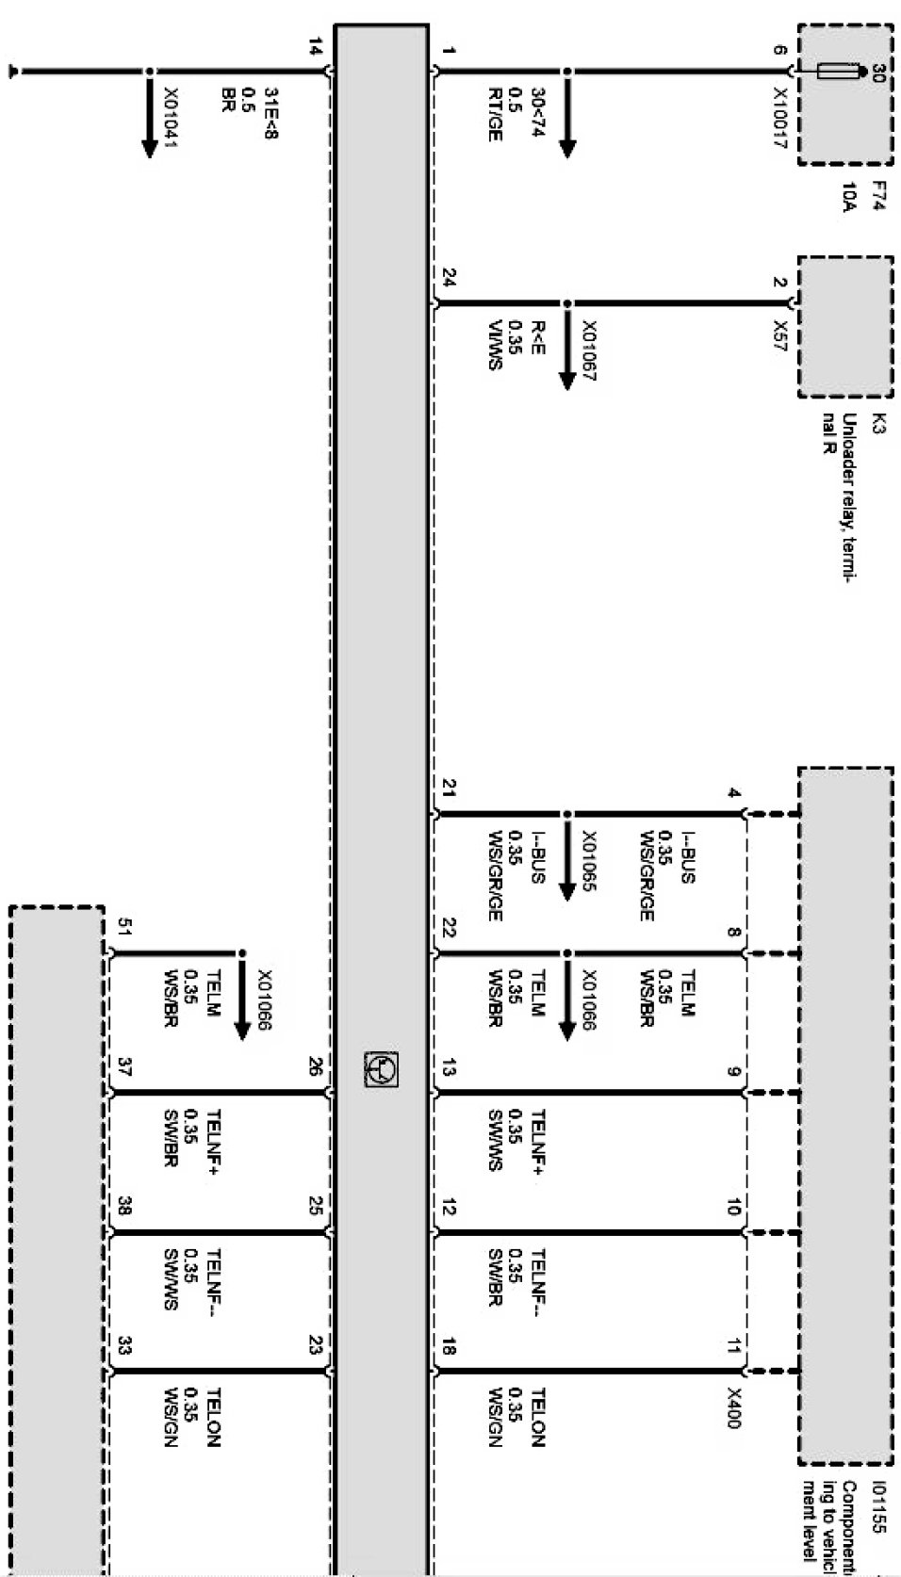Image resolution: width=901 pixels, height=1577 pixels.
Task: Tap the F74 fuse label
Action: [875, 196]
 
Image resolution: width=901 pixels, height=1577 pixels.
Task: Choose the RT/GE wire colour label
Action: [494, 115]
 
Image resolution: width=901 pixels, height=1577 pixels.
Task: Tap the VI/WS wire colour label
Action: [494, 345]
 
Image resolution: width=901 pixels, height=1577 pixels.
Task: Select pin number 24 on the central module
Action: [450, 279]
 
